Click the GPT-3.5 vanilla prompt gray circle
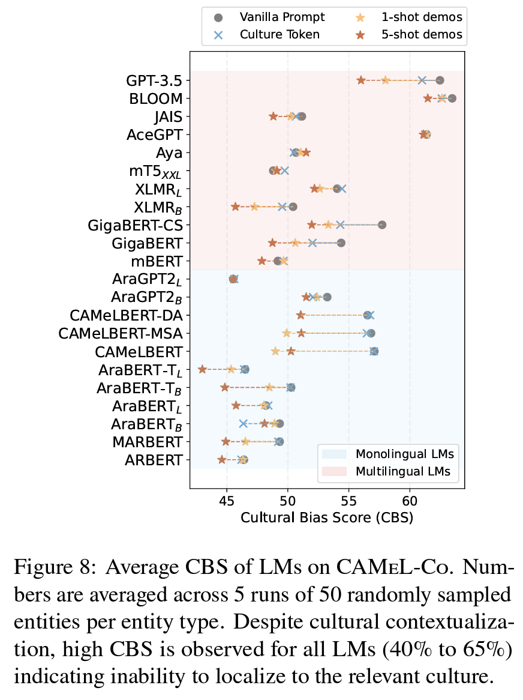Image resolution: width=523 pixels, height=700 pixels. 440,80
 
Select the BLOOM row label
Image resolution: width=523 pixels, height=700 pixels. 156,98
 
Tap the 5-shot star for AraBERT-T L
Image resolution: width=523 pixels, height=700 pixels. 202,369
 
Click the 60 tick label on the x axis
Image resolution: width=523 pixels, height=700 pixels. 410,501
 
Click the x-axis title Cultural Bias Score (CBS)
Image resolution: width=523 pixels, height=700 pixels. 327,517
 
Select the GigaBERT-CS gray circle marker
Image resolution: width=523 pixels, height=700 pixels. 382,225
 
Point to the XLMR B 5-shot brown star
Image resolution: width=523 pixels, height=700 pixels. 236,207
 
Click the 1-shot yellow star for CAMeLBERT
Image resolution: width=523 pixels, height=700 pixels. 275,351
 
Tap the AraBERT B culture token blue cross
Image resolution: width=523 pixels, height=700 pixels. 244,424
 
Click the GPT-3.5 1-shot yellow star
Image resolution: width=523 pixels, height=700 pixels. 386,80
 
